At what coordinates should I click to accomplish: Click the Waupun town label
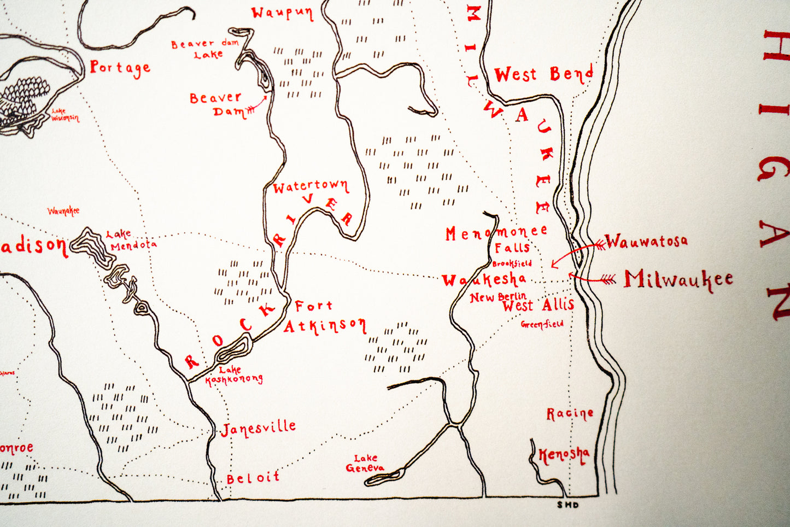(282, 13)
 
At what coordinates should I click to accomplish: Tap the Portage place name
(120, 68)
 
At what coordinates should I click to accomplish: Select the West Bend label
(543, 74)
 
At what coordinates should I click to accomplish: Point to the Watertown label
(311, 187)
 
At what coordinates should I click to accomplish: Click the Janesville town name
(259, 428)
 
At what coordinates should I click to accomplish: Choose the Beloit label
(253, 478)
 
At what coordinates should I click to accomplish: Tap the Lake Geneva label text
(365, 463)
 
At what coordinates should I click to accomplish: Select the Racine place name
(570, 414)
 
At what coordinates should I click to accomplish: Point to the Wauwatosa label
(646, 241)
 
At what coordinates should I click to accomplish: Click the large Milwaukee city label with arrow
(678, 279)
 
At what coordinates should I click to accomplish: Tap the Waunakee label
(63, 211)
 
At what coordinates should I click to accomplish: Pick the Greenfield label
(542, 324)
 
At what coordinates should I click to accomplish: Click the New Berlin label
(498, 297)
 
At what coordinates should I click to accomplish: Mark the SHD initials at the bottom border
(567, 505)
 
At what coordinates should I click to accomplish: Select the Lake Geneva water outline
(385, 477)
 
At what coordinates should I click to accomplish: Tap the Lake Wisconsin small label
(65, 115)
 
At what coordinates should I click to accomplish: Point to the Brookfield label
(512, 263)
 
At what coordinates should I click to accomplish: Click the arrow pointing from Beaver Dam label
(258, 106)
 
